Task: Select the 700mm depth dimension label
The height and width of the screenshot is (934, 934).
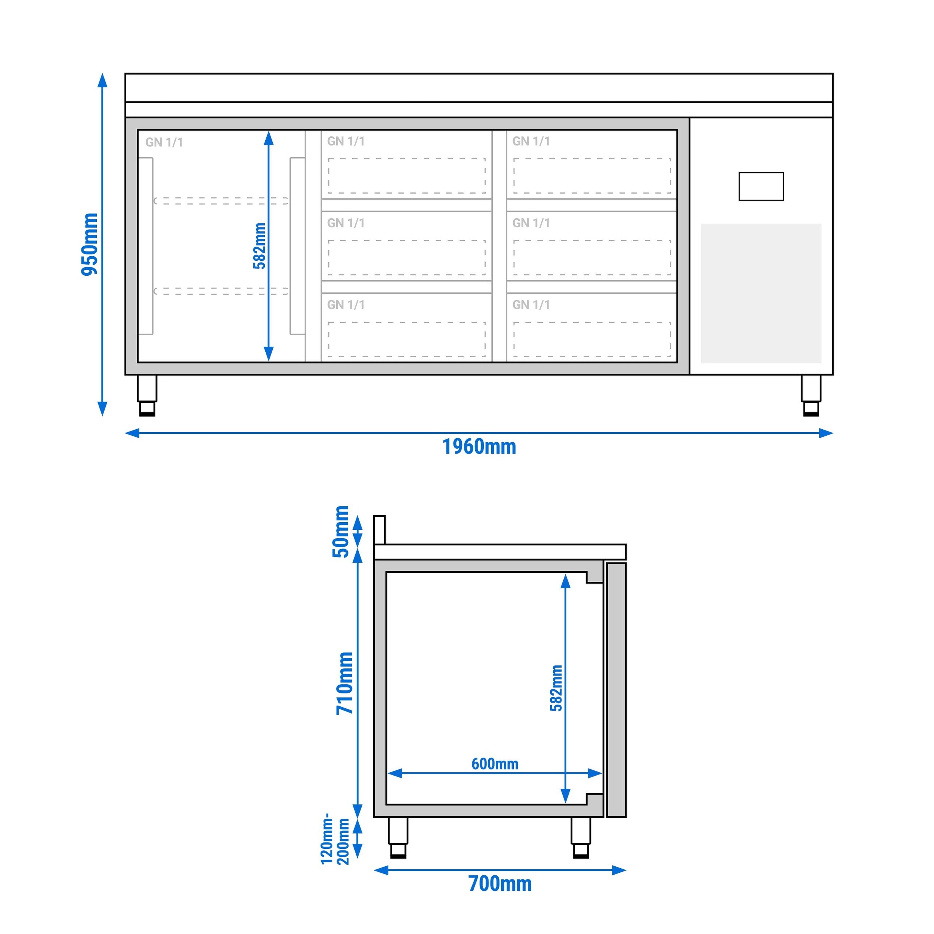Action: [500, 884]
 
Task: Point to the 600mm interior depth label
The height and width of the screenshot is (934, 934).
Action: [495, 764]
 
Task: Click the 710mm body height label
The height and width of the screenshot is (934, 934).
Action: [345, 683]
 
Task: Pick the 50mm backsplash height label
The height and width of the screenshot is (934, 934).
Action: [341, 531]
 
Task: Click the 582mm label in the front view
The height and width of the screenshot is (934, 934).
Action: [260, 245]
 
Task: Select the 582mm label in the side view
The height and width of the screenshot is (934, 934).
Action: [556, 688]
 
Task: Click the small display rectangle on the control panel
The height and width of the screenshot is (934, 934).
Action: [761, 186]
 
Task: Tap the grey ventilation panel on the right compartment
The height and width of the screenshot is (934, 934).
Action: [761, 293]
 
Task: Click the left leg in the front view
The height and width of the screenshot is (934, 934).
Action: [147, 395]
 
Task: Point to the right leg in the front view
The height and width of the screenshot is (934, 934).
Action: [811, 395]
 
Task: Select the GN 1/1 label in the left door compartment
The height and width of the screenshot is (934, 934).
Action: [164, 142]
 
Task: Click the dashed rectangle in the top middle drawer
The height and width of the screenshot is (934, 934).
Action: [406, 176]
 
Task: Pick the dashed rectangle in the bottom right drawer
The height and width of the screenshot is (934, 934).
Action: [592, 339]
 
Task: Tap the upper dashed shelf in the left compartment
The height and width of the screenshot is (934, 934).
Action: [221, 201]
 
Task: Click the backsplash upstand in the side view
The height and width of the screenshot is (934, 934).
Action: [380, 529]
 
